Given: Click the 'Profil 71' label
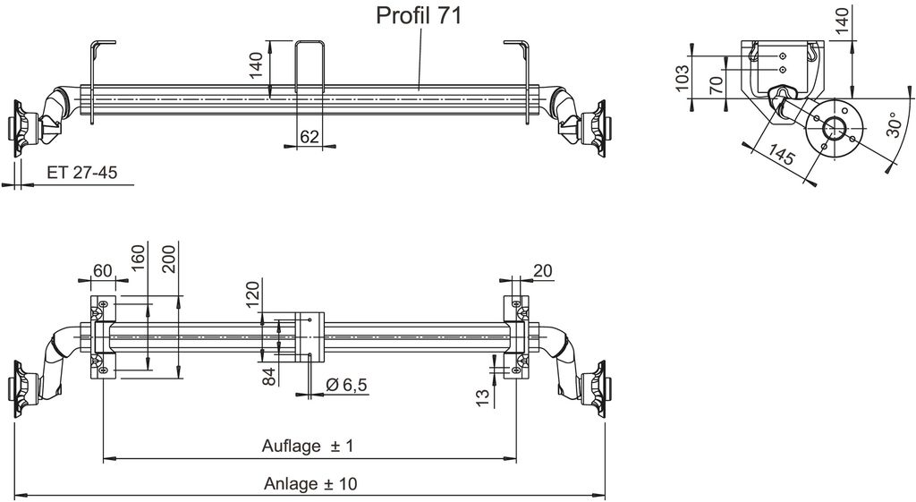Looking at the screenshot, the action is (419, 16).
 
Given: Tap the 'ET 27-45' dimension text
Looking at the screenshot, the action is (82, 173).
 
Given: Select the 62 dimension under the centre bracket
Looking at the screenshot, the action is (309, 137).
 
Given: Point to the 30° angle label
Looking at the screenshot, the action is (895, 124).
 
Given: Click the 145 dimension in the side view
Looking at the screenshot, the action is (781, 154).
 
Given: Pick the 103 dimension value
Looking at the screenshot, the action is (682, 79).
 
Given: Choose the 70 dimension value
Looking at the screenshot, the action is (717, 85).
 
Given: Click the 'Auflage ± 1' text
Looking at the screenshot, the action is (308, 447).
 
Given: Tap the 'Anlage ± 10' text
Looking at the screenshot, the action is (310, 484).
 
